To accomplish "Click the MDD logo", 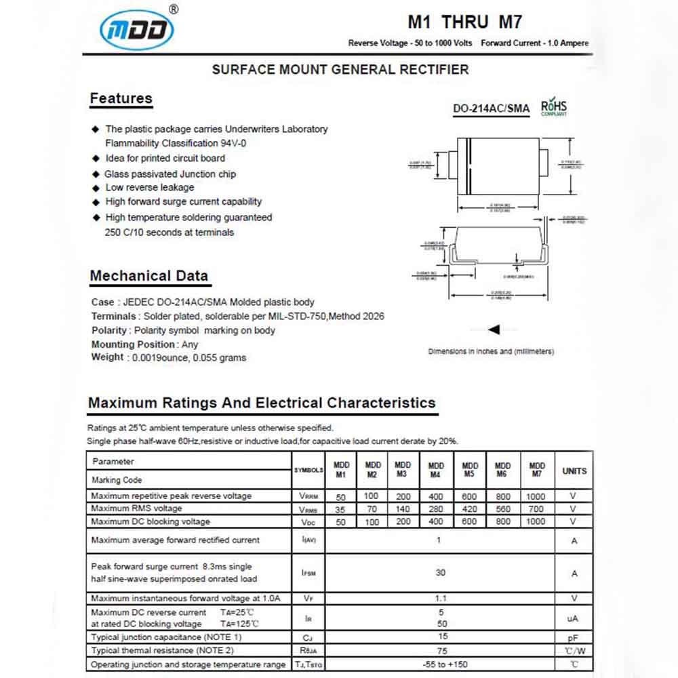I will point(137,30).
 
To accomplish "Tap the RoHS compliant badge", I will point(553,108).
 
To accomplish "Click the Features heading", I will point(121,98).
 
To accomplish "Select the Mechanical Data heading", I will point(149,276).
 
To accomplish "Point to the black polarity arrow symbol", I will point(494,330).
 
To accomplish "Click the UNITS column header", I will point(574,471).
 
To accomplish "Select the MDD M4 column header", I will point(436,470).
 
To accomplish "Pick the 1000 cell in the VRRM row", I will point(536,496).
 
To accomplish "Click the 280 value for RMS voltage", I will point(436,509).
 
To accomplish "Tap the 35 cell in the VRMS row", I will point(341,509).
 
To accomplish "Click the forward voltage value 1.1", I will point(440,598).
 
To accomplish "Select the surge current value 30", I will point(440,572).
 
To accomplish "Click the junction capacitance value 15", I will point(443,637).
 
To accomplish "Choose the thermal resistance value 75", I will point(443,651).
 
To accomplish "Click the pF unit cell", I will point(574,638).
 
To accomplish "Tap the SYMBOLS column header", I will point(308,470).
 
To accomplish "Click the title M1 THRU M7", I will point(464,22).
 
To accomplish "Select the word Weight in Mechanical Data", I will point(107,357).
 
